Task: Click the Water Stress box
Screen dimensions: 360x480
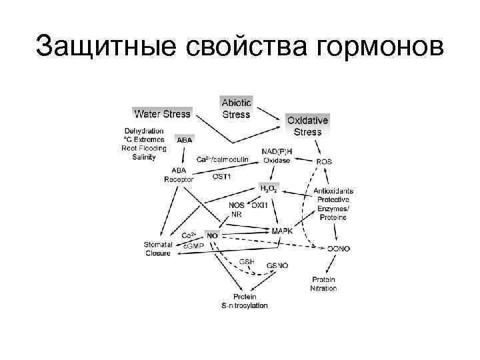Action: click(162, 113)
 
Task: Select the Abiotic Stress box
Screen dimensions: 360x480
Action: click(236, 108)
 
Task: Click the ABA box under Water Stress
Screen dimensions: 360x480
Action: click(184, 141)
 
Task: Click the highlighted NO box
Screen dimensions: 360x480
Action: click(212, 235)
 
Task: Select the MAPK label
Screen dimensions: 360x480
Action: click(283, 230)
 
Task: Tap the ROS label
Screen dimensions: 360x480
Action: click(324, 161)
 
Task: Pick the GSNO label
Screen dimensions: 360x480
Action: click(277, 265)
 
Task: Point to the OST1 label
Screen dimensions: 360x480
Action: click(221, 177)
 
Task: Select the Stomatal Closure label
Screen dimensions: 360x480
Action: click(157, 249)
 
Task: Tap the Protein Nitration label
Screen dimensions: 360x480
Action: click(323, 283)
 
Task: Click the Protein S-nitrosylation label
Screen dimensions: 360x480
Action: click(245, 301)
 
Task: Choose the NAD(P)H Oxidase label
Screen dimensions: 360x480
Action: click(276, 155)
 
